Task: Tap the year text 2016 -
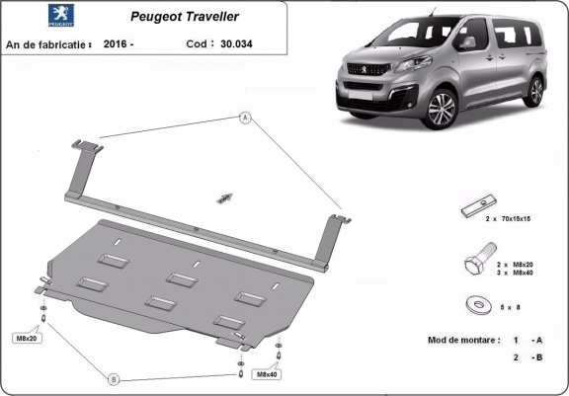[x=120, y=44]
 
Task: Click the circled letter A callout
[x=242, y=119]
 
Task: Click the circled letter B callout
[x=114, y=379]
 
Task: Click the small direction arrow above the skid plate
[x=224, y=198]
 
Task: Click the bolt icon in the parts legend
[x=472, y=266]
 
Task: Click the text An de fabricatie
[x=48, y=44]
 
